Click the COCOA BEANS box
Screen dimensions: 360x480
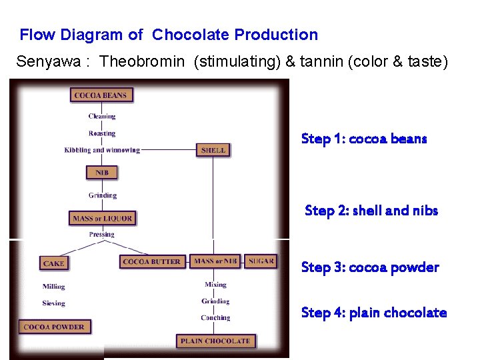coord(101,95)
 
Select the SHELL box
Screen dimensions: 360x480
coord(213,150)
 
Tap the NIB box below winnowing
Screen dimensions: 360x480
coord(102,173)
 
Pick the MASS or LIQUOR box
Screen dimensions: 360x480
coord(102,218)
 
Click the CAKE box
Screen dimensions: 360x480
coord(53,263)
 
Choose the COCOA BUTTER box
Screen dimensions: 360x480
coord(152,261)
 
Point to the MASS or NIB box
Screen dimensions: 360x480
coord(215,261)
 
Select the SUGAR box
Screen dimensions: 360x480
coord(261,261)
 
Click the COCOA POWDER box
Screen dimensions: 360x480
coord(54,327)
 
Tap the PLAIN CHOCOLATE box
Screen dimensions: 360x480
coord(215,341)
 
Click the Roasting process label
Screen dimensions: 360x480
coord(102,133)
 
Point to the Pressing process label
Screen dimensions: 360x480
coord(101,235)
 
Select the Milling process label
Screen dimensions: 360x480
coord(53,287)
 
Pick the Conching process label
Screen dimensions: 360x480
coord(215,318)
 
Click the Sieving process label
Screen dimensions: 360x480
coord(53,303)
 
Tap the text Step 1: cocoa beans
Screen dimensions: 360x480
coord(364,139)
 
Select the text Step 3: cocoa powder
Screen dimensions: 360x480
coord(370,267)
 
